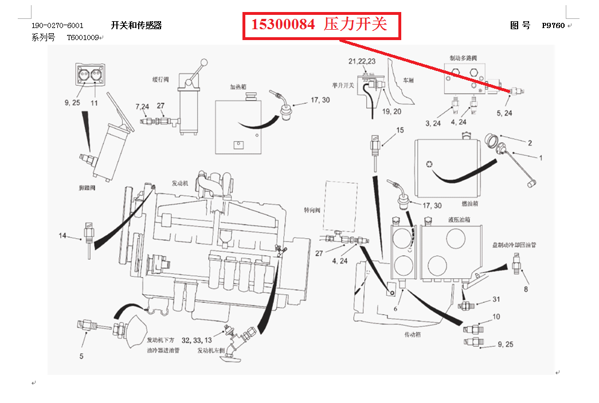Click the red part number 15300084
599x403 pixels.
283,25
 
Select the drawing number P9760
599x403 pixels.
553,26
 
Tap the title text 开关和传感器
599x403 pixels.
136,25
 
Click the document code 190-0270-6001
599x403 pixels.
57,26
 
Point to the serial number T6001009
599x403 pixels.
83,38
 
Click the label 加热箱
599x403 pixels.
238,88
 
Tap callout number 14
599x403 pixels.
63,235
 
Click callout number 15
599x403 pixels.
400,131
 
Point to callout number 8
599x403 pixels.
526,289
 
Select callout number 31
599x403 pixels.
496,299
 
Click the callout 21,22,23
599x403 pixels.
362,61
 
